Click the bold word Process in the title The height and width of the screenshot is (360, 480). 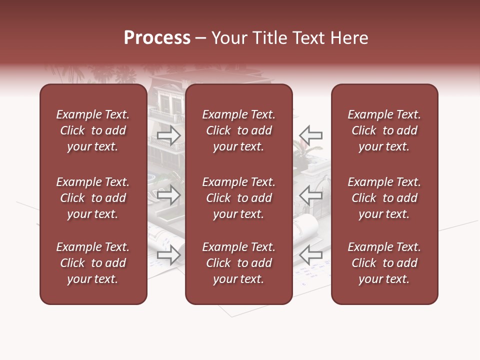157,38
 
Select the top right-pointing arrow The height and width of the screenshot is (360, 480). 169,135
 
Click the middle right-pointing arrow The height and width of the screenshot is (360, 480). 169,195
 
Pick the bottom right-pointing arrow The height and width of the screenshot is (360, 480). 169,255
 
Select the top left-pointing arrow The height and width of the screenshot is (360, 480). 310,135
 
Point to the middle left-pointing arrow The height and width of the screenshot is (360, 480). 310,195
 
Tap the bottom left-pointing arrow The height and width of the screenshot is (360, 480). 310,255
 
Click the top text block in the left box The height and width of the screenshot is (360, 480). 93,130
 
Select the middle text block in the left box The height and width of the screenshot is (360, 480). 93,198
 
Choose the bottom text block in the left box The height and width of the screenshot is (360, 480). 93,263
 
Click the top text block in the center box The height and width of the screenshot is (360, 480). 239,130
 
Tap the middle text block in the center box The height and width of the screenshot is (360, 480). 239,198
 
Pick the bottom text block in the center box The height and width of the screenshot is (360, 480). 239,263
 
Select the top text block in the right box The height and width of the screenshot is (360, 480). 384,130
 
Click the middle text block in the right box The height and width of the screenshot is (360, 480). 384,198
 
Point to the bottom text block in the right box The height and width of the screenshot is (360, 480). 384,263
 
